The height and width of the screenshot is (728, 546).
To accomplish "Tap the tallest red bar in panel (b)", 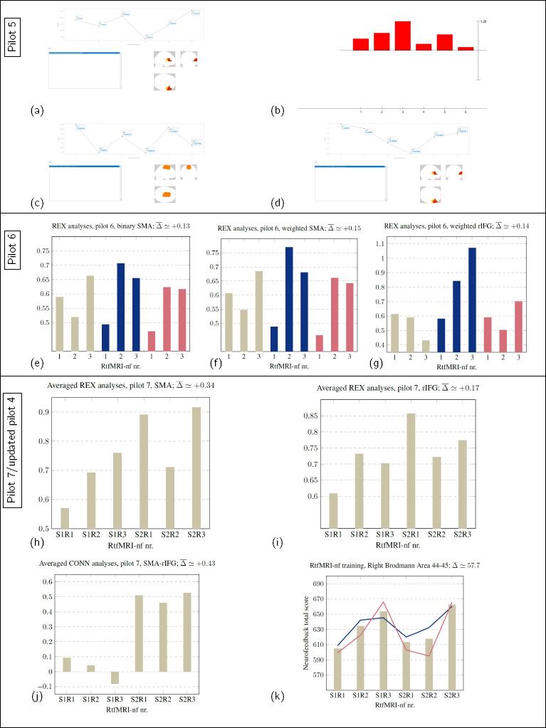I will pos(402,36).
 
